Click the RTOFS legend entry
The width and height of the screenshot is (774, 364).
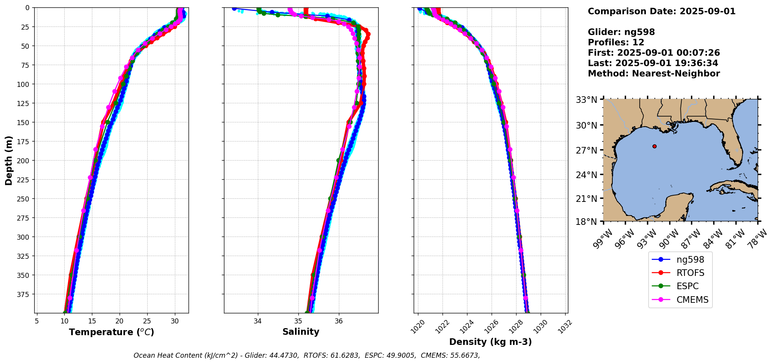690,273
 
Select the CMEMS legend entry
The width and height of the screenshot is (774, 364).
692,300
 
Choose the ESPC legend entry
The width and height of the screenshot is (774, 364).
688,286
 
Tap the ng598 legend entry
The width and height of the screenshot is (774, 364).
690,260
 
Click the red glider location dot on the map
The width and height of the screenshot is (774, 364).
654,146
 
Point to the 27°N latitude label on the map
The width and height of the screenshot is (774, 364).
587,150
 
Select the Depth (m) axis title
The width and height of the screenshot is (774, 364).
9,160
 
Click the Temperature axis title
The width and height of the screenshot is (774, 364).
111,332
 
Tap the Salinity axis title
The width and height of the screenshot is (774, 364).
301,332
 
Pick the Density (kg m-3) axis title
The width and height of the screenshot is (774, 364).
490,342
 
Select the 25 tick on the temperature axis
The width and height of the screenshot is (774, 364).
147,321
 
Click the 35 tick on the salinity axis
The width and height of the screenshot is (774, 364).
298,321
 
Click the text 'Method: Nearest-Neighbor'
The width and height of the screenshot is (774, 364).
654,73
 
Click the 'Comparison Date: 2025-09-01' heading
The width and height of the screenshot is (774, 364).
661,11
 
